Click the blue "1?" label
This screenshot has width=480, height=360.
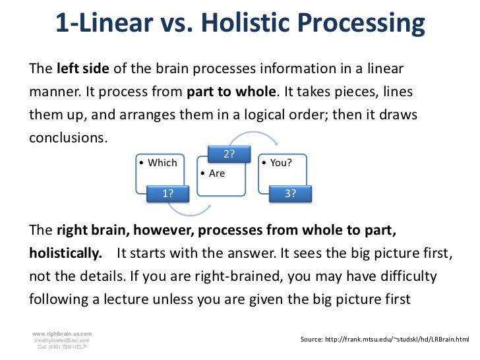tap(168, 193)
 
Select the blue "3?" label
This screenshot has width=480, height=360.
tap(290, 193)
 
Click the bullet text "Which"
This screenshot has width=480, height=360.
tap(162, 163)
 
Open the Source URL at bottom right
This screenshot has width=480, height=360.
tap(388, 339)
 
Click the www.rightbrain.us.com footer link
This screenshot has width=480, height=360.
tap(63, 334)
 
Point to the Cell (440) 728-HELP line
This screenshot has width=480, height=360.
tap(63, 347)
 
